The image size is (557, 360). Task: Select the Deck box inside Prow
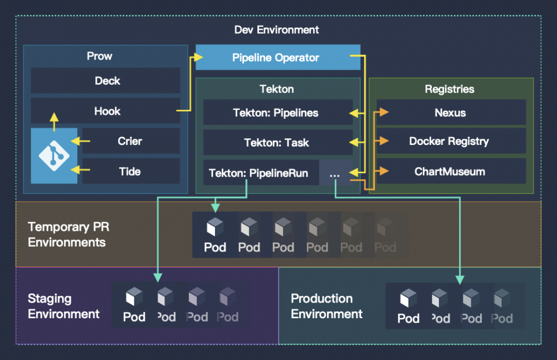pyautogui.click(x=105, y=81)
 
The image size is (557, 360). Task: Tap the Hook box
pyautogui.click(x=105, y=111)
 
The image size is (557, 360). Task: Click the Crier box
pyautogui.click(x=130, y=141)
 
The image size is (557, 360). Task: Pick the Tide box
pyautogui.click(x=130, y=171)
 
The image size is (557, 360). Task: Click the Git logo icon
pyautogui.click(x=54, y=155)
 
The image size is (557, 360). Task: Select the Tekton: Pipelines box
pyautogui.click(x=276, y=113)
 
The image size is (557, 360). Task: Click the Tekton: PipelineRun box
pyautogui.click(x=258, y=173)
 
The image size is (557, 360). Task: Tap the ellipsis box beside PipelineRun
pyautogui.click(x=335, y=173)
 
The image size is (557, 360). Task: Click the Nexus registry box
pyautogui.click(x=451, y=113)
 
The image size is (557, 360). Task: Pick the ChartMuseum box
pyautogui.click(x=449, y=172)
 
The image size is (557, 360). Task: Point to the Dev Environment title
pyautogui.click(x=277, y=30)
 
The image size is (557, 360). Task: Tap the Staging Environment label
pyautogui.click(x=63, y=306)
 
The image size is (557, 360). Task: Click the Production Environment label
pyautogui.click(x=326, y=306)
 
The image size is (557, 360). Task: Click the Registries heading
pyautogui.click(x=449, y=89)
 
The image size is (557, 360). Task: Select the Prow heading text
pyautogui.click(x=99, y=56)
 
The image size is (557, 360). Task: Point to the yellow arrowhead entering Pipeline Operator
pyautogui.click(x=197, y=57)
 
